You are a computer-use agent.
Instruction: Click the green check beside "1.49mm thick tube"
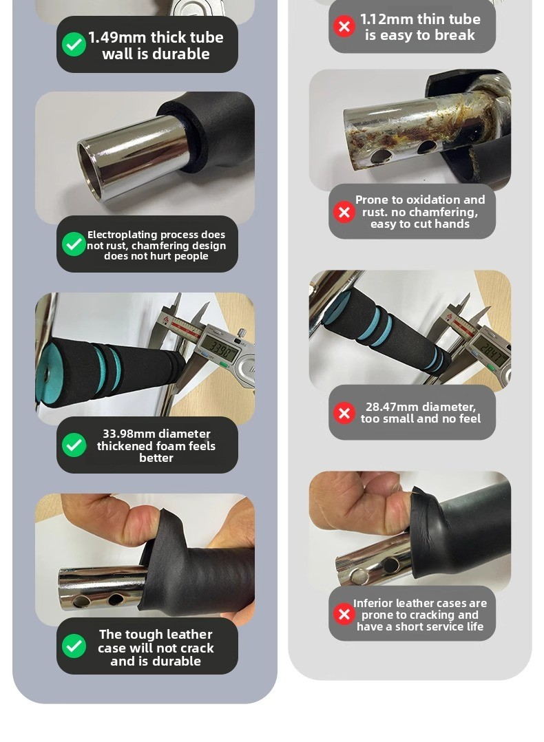pyautogui.click(x=74, y=45)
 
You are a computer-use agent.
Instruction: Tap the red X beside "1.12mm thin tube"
pyautogui.click(x=344, y=26)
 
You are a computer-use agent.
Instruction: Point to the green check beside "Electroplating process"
pyautogui.click(x=74, y=244)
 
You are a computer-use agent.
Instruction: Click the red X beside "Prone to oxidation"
pyautogui.click(x=344, y=212)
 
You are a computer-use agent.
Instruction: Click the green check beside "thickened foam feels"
pyautogui.click(x=74, y=445)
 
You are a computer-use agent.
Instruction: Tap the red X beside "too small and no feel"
pyautogui.click(x=344, y=413)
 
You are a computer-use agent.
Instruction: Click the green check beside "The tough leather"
pyautogui.click(x=74, y=646)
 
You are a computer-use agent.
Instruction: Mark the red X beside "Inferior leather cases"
pyautogui.click(x=344, y=614)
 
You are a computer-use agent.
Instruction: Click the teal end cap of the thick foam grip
pyautogui.click(x=48, y=374)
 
